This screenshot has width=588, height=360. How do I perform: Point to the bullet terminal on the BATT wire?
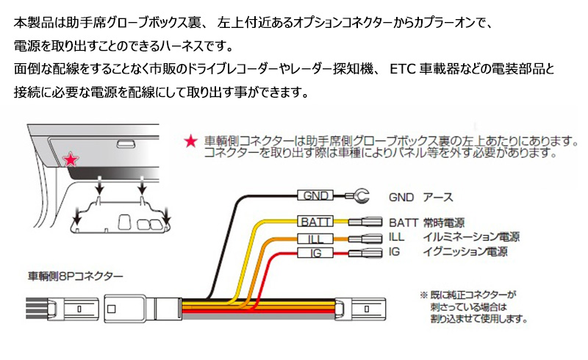365,221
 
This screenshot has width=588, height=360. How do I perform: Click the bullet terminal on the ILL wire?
365,238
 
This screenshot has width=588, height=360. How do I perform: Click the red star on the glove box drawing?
71,159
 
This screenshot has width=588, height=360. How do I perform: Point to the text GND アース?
421,197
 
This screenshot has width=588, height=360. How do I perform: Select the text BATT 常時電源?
426,222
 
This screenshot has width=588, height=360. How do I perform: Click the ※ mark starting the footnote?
424,293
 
